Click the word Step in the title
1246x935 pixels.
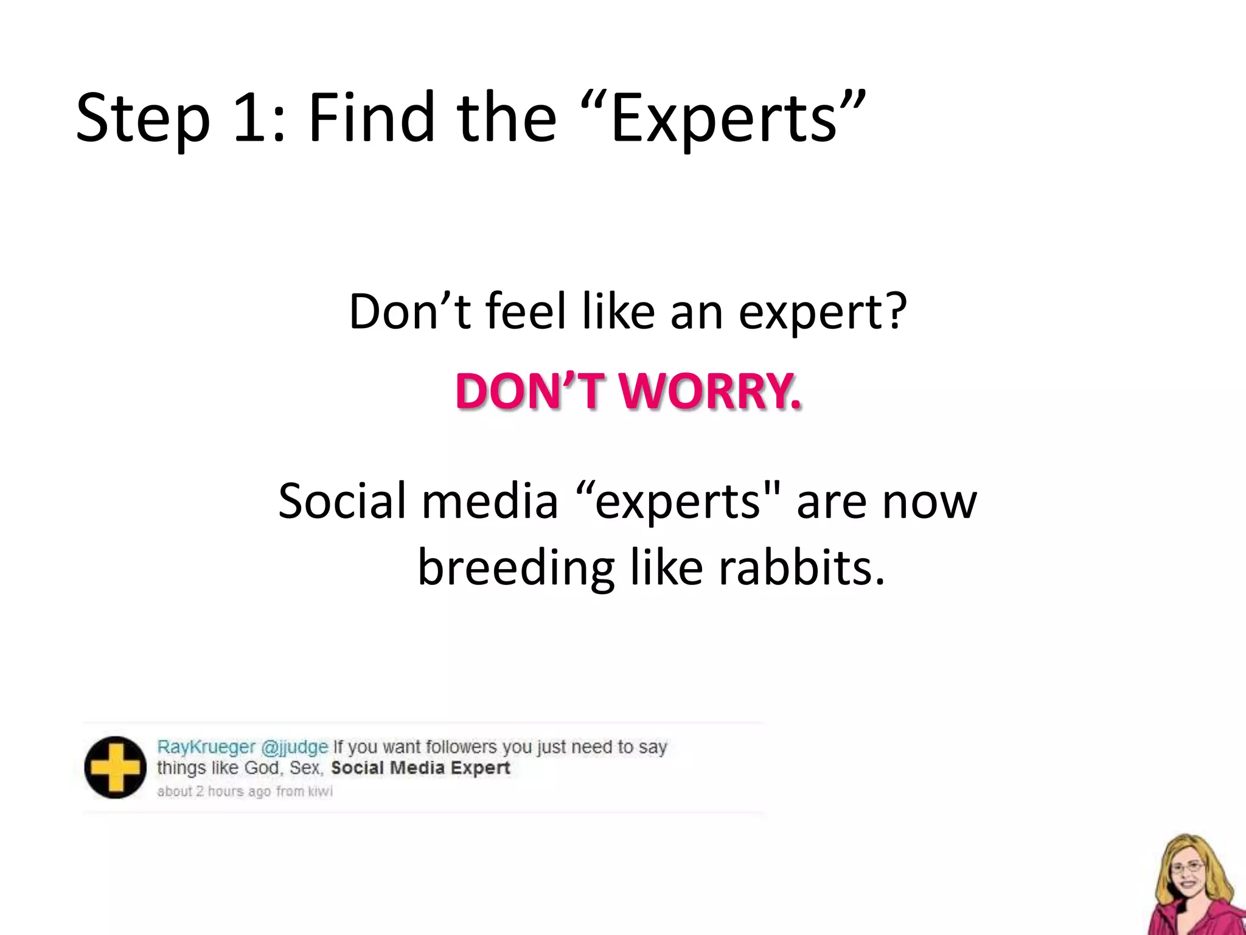point(142,119)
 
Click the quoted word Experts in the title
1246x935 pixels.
point(724,119)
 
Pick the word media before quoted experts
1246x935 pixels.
point(490,500)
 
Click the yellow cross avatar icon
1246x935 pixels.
point(115,768)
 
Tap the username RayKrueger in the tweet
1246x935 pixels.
point(206,747)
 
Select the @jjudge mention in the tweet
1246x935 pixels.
point(294,747)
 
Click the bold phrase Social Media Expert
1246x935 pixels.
point(420,768)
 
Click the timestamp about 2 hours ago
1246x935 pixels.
point(214,791)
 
